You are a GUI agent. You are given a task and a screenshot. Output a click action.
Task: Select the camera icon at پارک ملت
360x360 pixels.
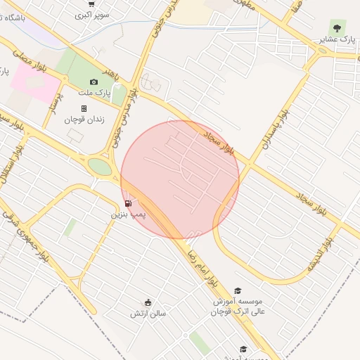[x=94, y=82]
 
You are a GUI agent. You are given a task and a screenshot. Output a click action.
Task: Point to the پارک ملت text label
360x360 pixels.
[x=95, y=92]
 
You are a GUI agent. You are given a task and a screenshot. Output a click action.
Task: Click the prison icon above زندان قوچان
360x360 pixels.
[x=84, y=109]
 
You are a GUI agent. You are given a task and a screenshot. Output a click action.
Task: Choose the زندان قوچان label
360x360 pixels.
[x=84, y=120]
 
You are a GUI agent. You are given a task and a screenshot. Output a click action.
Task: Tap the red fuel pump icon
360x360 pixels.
[x=127, y=204]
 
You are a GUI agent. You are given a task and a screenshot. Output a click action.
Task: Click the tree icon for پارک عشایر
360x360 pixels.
[x=337, y=28]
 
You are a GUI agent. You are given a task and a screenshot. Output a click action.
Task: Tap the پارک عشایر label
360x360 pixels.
[x=337, y=39]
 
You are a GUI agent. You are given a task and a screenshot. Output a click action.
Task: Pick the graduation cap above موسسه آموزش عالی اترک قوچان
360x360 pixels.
[x=238, y=290]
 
